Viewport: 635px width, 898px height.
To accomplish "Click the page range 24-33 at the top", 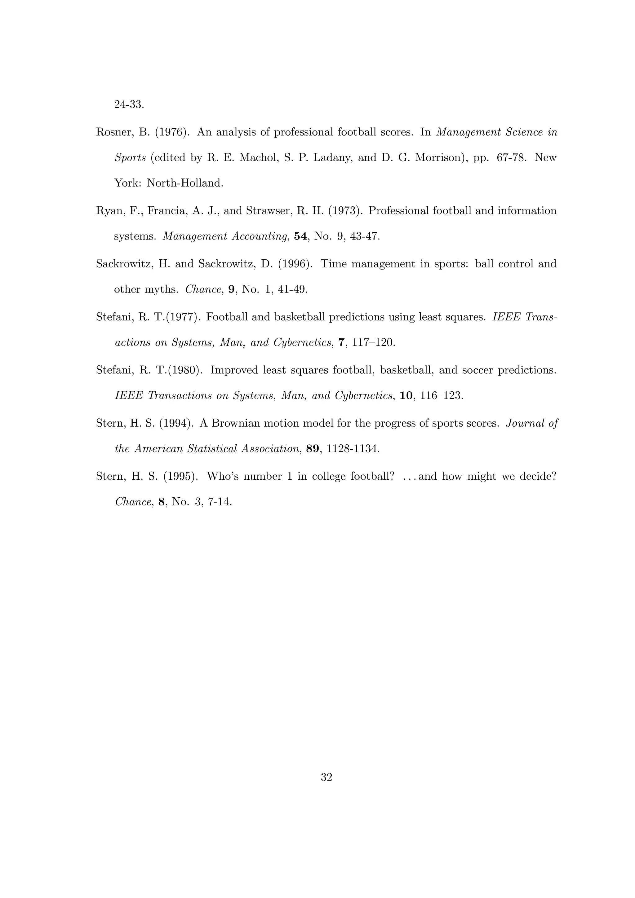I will click(x=129, y=105).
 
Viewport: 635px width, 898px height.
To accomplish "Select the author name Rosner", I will click(x=112, y=133).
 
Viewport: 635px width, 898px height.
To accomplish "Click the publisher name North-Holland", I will click(x=185, y=183).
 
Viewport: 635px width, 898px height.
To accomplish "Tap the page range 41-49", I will click(x=293, y=289).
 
